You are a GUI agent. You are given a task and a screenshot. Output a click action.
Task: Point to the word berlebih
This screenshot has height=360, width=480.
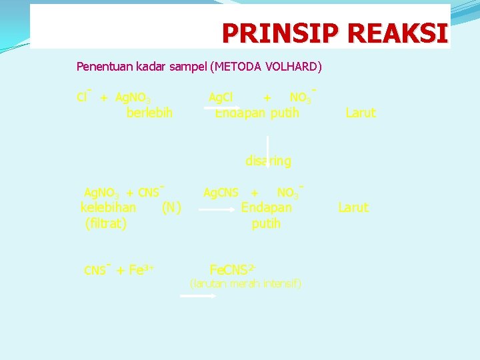(149, 113)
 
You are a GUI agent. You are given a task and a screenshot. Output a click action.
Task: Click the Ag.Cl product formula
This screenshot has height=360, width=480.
(221, 98)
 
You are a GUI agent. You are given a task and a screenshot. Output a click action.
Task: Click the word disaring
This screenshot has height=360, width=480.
(268, 161)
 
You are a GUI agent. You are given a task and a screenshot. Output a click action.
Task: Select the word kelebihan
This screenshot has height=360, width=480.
(109, 208)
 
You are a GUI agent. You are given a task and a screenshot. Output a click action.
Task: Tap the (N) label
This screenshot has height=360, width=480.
(171, 208)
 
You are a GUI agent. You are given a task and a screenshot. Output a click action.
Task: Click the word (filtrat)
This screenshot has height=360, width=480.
(106, 224)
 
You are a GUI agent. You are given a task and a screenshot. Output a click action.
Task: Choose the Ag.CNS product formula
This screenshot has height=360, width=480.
(221, 193)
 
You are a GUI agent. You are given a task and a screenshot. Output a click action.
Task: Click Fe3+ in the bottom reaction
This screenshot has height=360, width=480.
(141, 270)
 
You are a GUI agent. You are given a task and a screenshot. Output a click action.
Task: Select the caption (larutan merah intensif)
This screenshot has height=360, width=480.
(246, 284)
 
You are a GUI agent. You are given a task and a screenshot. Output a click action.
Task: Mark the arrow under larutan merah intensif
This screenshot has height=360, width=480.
(199, 297)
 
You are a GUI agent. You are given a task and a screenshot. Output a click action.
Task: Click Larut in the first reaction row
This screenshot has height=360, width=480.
(361, 113)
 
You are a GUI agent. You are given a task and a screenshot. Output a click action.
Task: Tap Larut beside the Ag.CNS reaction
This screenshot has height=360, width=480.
(353, 208)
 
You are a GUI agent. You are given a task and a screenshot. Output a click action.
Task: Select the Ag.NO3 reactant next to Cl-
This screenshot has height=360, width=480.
(137, 98)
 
